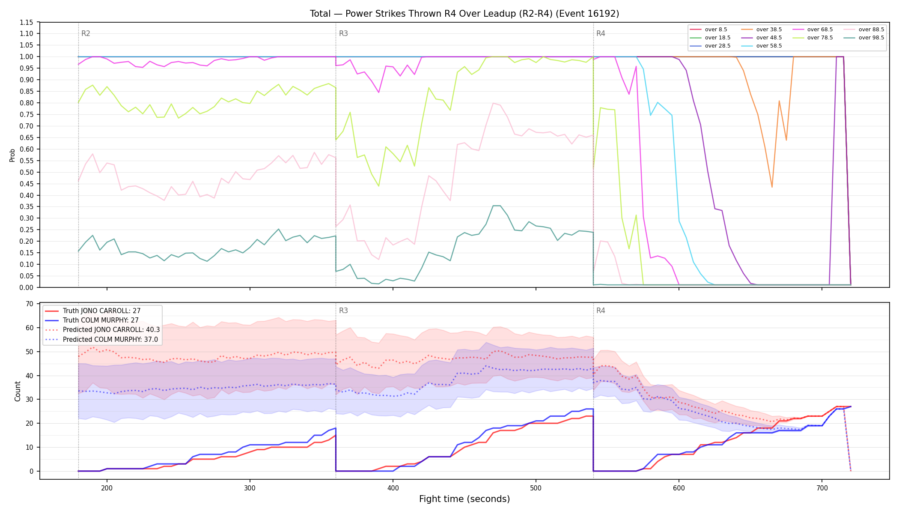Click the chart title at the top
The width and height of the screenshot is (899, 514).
tap(464, 14)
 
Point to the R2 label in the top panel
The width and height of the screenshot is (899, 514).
tap(86, 33)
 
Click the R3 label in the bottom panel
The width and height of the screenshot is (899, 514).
tap(343, 311)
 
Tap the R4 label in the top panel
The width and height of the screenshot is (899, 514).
tap(601, 33)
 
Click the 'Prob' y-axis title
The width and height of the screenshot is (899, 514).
tap(12, 155)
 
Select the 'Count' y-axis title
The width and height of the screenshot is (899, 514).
tap(18, 391)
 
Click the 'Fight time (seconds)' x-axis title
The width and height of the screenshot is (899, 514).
tap(464, 499)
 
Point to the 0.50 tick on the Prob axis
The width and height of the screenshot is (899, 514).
tap(26, 172)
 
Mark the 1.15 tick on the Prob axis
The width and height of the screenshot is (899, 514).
tap(26, 22)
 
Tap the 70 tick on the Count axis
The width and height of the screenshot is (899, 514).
tap(30, 304)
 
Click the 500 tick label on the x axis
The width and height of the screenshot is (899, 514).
tap(536, 488)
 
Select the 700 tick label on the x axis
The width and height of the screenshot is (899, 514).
tap(822, 488)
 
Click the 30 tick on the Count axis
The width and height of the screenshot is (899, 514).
tap(30, 400)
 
